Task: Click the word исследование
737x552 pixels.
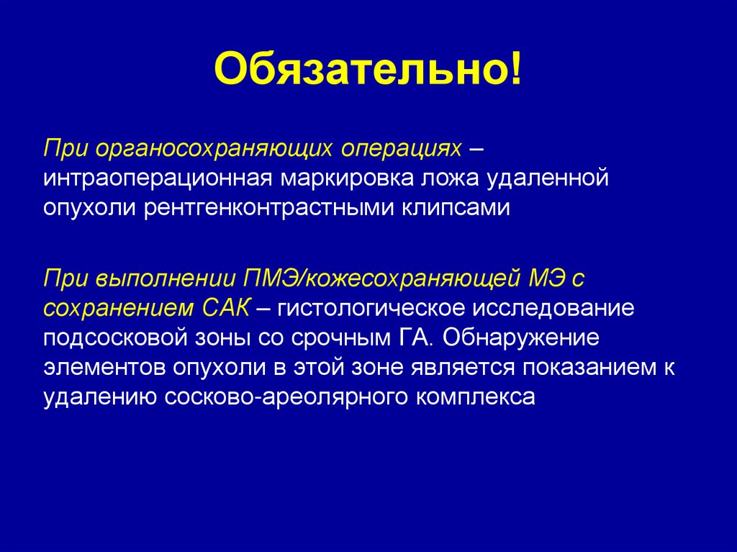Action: point(553,307)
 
